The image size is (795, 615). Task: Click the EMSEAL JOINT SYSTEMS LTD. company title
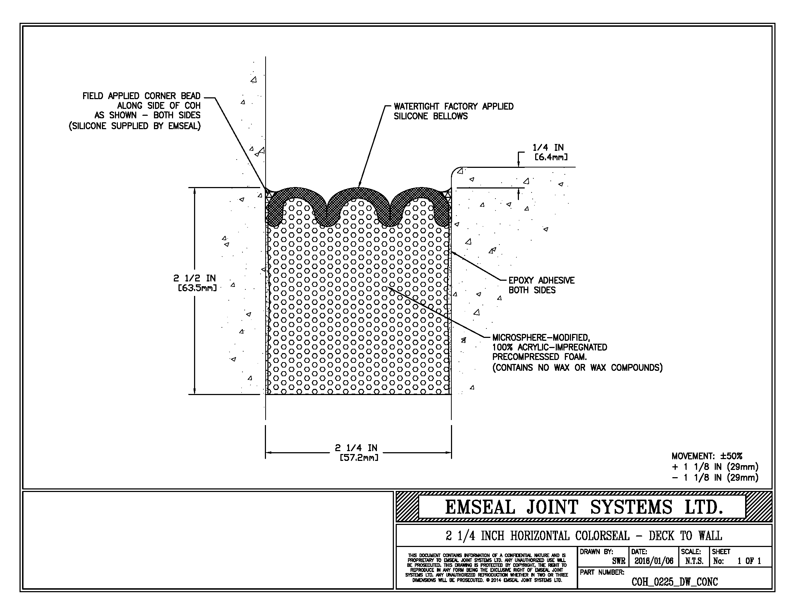tap(584, 507)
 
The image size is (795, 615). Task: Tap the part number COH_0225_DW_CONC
tap(675, 582)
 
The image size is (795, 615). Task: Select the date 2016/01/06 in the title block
tap(654, 561)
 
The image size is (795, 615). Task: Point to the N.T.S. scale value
tap(694, 561)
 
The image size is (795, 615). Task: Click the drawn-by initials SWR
tap(618, 561)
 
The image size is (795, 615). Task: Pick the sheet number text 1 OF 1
tap(749, 561)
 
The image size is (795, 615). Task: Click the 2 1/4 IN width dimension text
tap(356, 448)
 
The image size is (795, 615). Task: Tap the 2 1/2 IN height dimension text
tap(194, 278)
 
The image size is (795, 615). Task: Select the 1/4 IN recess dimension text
tap(548, 148)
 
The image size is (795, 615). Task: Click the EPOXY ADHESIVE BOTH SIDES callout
tap(541, 285)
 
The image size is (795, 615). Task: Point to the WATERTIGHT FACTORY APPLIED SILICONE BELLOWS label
tap(453, 111)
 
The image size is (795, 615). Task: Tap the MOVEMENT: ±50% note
tap(706, 456)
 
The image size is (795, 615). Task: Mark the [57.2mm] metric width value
tap(358, 458)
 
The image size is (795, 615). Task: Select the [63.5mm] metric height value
tap(197, 288)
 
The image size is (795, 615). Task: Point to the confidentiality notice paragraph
tap(486, 568)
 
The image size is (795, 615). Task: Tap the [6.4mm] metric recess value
tap(551, 157)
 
